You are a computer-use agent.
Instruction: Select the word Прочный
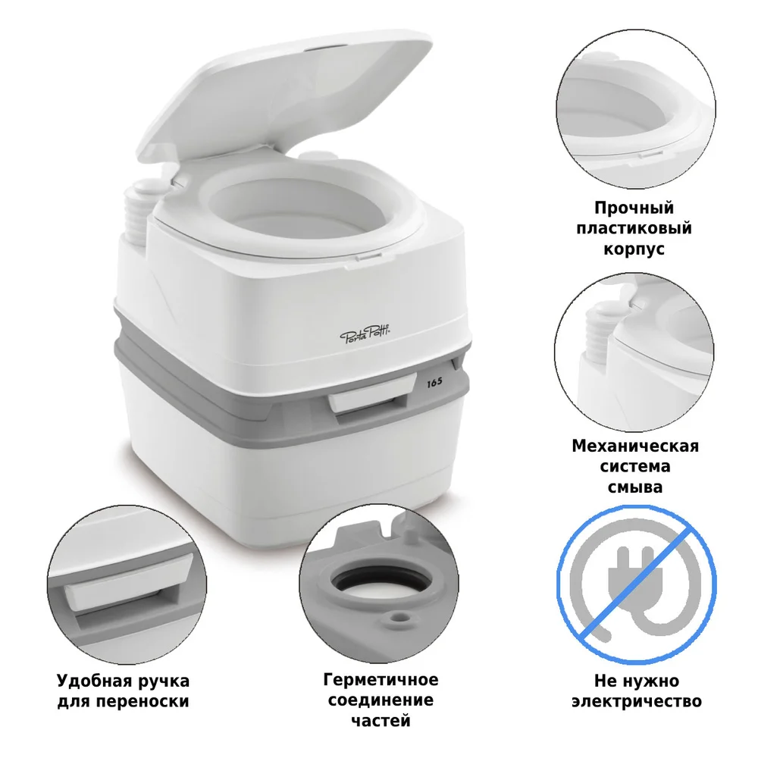tap(634, 208)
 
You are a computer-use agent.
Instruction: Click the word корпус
tap(634, 248)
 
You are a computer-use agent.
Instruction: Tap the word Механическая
tap(635, 446)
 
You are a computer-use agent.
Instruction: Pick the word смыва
tap(634, 486)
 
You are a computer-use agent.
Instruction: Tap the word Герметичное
tap(381, 680)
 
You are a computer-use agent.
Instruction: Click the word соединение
tap(381, 700)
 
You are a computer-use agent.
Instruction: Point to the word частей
tap(381, 720)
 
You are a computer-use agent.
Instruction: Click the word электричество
tap(635, 701)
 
